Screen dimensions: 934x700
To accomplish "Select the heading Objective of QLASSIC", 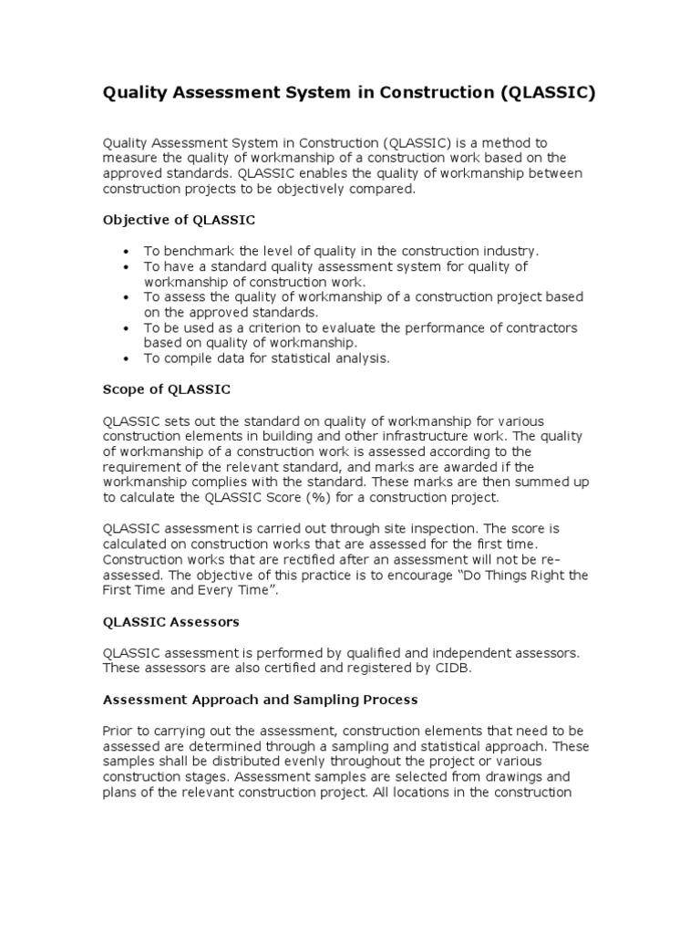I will coord(179,220).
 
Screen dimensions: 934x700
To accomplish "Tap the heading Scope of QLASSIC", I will coord(167,389).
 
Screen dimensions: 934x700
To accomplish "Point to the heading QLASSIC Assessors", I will coord(170,621).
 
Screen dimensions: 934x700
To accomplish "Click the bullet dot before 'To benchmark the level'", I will coord(124,251).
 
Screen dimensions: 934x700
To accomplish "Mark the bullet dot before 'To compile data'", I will coord(124,358).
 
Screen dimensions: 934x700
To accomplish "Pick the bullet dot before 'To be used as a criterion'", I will coord(124,327).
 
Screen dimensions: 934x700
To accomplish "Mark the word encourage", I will coord(397,576).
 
